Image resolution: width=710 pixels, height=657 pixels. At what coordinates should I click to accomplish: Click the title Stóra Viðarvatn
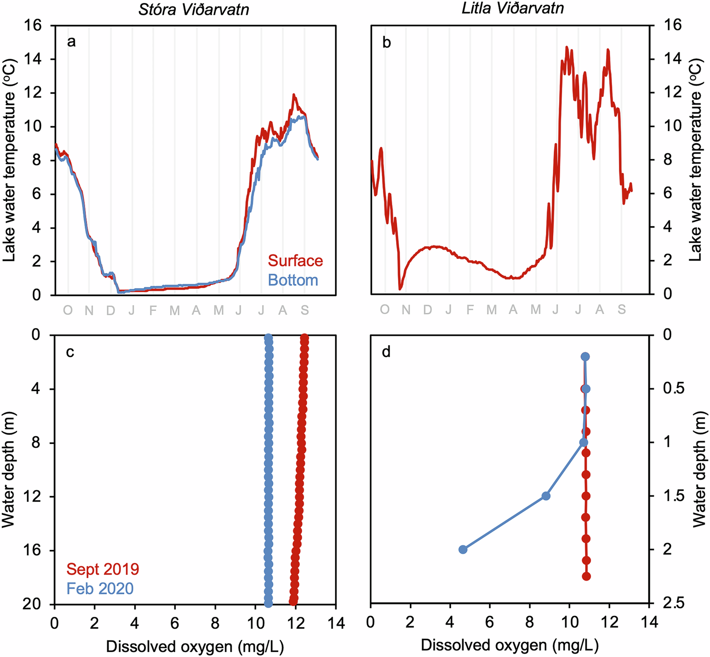194,10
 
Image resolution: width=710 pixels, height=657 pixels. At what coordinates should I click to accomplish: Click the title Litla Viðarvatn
513,8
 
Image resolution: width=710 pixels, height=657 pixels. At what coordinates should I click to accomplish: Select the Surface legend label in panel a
295,261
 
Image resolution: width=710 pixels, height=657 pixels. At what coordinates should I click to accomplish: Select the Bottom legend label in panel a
293,281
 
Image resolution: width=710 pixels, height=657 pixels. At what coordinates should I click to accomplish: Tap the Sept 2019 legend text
103,569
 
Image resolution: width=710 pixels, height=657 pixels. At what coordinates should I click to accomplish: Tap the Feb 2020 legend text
100,588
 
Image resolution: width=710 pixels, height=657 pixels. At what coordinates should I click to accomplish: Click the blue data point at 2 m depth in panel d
463,549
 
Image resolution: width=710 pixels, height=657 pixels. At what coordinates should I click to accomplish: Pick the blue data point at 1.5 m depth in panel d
546,496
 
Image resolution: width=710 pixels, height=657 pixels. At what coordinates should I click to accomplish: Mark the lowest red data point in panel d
586,576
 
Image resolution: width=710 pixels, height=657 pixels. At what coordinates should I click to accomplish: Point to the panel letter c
71,352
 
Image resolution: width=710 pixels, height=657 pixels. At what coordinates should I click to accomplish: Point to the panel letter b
386,43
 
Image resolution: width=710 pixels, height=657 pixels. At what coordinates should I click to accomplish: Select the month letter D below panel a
111,310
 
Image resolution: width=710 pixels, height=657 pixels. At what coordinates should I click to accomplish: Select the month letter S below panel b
621,309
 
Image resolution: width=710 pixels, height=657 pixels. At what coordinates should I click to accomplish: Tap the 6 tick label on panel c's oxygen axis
175,623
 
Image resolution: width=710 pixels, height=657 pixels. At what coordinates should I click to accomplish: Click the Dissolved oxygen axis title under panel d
509,645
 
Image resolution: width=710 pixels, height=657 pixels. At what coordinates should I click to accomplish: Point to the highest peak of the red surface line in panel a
294,94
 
